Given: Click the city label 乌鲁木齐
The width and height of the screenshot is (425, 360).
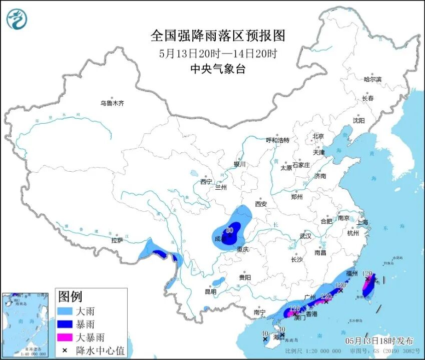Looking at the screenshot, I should coord(111,103).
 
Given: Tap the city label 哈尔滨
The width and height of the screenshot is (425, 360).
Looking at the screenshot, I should coord(372,79).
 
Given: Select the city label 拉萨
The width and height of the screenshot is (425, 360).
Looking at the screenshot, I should coord(117,240).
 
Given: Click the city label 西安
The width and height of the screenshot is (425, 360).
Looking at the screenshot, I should coord(261,204).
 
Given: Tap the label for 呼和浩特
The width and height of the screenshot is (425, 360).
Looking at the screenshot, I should coord(277,140).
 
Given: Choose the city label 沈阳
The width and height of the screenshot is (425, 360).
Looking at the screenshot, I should coord(358,120).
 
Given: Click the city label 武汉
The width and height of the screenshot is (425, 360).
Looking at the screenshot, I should coord(305,235).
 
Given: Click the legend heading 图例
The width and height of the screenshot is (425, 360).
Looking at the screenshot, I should coord(70,296).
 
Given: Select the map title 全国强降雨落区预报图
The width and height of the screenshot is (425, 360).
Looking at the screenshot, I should coord(218,36).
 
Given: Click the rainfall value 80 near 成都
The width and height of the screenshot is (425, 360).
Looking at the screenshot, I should coord(230,230).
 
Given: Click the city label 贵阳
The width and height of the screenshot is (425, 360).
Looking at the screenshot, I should coord(244,277).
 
